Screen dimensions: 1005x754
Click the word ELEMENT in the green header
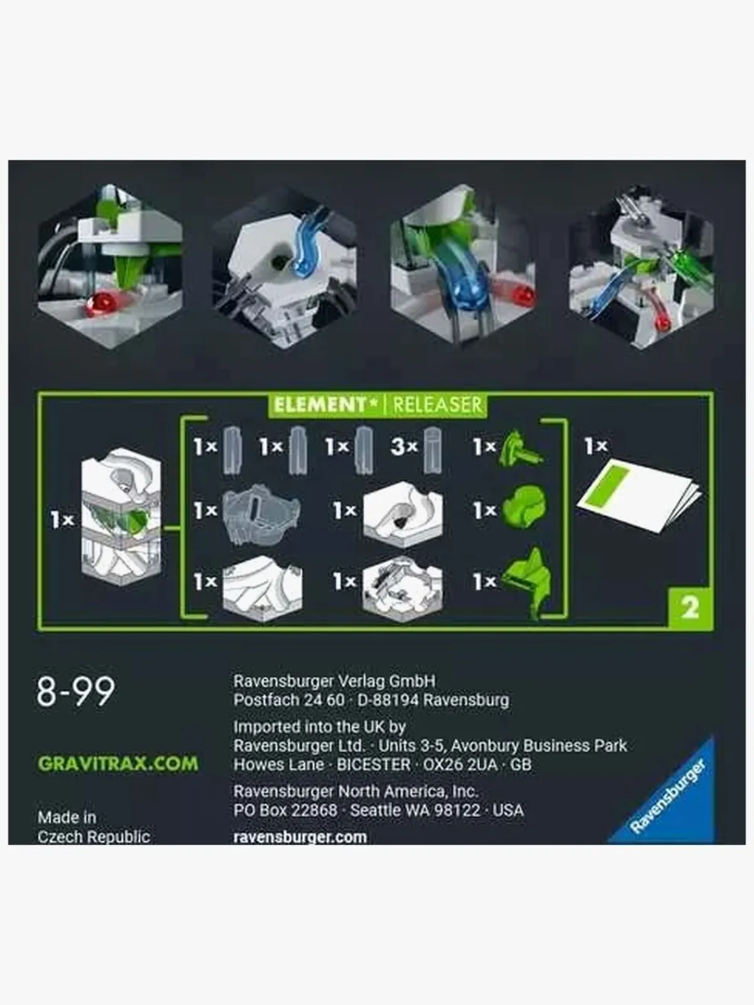[x=319, y=405]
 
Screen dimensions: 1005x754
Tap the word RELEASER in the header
[x=437, y=405]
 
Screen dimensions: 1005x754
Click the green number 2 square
[x=689, y=607]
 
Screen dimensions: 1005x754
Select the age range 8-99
[x=76, y=692]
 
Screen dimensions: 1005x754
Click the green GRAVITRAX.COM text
[x=118, y=764]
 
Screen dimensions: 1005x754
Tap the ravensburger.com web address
[x=300, y=837]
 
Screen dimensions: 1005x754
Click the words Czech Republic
[x=94, y=837]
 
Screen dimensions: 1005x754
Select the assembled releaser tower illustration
[x=121, y=519]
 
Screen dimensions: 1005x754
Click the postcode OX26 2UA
[x=461, y=764]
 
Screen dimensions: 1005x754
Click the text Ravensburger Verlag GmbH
[x=334, y=680]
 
